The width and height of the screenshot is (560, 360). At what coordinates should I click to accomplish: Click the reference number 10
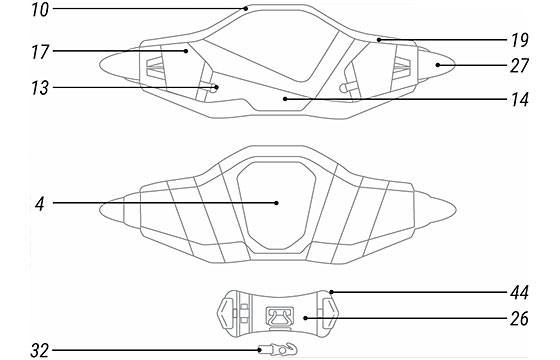coord(40,10)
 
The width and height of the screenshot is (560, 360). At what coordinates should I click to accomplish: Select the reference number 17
coord(40,52)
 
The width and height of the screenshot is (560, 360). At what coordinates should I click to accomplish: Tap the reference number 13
coord(40,88)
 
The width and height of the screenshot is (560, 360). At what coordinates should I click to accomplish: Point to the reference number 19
coord(520,40)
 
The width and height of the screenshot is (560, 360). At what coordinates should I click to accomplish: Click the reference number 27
coord(520,66)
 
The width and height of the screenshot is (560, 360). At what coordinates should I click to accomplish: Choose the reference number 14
coord(520,100)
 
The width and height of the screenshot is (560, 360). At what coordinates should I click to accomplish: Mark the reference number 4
coord(40,204)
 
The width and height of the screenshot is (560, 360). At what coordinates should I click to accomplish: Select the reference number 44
coord(519,293)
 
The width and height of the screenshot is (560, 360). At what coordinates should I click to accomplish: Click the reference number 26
coord(519,319)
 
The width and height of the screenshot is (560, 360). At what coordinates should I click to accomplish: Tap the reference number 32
coord(40,351)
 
